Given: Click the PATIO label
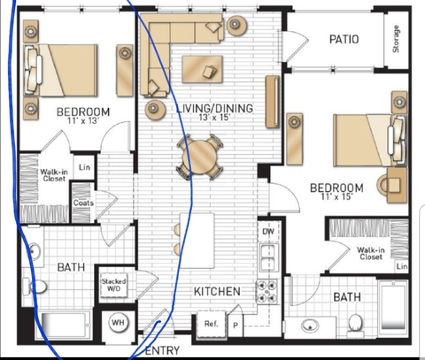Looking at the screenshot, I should point(343,39).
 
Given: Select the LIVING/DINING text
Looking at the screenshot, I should point(214,109).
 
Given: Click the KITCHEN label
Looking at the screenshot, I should point(217,291).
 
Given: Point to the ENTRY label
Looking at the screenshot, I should point(161,351).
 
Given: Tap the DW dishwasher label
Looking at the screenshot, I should point(268,232).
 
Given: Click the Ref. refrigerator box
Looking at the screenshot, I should point(212,325).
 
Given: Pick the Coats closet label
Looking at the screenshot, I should point(84,203).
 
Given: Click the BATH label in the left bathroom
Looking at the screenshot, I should point(71,267).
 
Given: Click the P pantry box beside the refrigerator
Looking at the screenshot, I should point(235,325).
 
